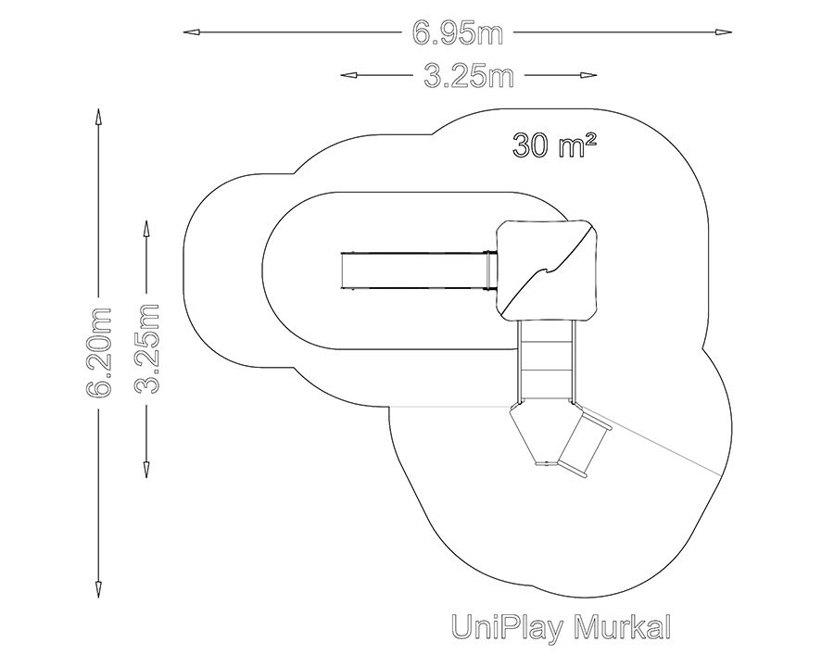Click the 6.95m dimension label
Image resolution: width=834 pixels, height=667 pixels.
point(458,33)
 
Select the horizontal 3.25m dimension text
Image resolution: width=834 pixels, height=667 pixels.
point(469,76)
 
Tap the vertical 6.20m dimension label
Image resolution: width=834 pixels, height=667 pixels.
point(99,353)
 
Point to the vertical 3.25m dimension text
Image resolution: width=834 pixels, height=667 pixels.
point(146,349)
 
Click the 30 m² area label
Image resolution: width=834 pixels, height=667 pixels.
point(554,145)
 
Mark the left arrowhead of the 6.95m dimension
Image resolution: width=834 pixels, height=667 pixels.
point(192,32)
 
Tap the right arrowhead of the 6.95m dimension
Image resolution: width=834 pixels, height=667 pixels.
point(724,32)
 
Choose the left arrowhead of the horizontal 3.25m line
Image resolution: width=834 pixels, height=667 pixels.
point(349,75)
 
